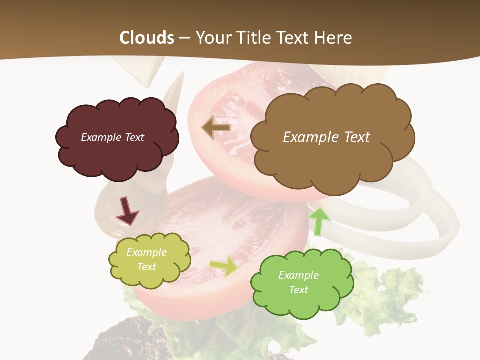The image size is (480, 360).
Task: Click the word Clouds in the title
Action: coord(147,37)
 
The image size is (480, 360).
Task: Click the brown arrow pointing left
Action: coord(216,128)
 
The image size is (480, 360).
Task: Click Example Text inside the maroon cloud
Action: coord(112,137)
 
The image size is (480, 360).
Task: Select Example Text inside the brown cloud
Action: coord(326,137)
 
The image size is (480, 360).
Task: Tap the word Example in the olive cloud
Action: coord(146,252)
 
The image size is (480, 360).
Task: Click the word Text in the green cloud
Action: coord(298,290)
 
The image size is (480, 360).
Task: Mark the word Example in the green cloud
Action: coord(298,275)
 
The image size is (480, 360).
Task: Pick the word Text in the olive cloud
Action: coord(146,267)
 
